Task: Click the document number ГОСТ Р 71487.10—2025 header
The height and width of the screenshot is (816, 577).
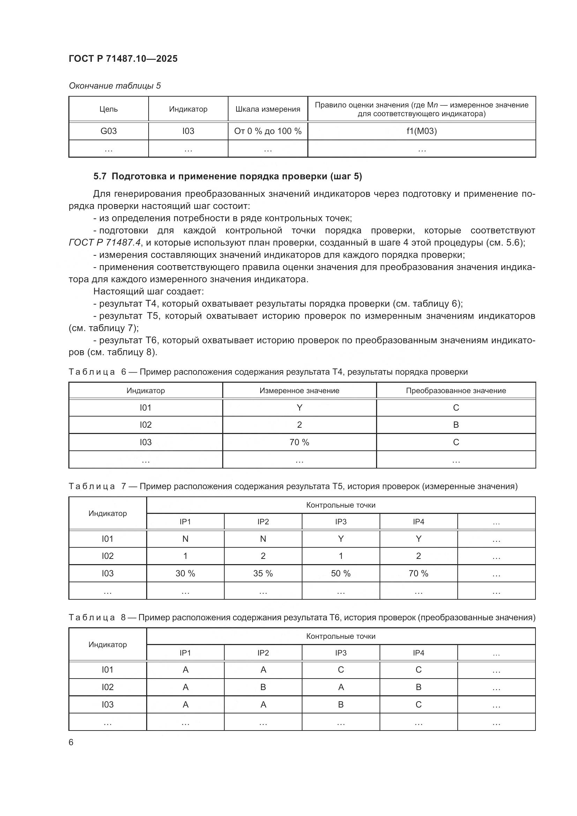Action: point(123,59)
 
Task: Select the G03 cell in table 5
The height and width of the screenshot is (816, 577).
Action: point(108,131)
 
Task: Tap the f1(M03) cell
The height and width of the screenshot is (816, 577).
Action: point(421,131)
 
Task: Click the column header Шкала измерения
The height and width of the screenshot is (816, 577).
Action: point(268,109)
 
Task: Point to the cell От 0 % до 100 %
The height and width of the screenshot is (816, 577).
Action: point(268,131)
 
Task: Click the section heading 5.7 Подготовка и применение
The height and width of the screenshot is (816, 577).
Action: point(227,177)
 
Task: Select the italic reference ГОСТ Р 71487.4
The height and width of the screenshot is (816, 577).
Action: point(105,243)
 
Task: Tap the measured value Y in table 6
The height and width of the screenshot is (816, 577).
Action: point(299,407)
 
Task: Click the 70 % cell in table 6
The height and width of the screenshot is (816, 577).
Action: point(299,442)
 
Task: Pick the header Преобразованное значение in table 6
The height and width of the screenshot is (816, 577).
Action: point(456,391)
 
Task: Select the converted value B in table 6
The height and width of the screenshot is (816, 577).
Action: point(456,425)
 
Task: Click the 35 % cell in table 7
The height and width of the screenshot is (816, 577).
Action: point(263,573)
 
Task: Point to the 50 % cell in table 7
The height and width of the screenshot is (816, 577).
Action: point(341,573)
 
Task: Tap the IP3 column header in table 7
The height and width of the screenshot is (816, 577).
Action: point(341,522)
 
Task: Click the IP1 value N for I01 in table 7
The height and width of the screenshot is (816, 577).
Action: point(185,539)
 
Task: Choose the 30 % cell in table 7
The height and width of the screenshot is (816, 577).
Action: point(185,573)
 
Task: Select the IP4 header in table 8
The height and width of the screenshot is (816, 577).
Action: point(419,653)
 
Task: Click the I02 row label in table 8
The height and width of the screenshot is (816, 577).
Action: point(107,687)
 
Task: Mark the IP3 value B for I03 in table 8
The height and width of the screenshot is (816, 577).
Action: point(341,704)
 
